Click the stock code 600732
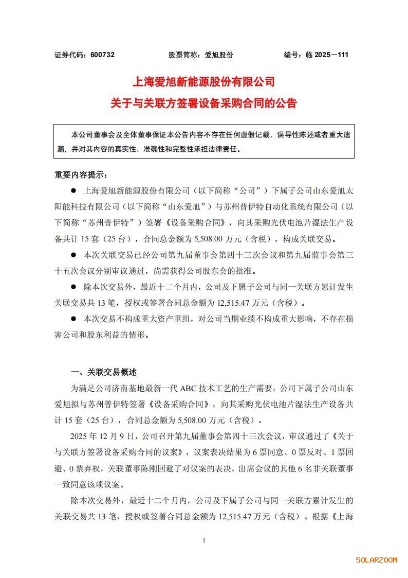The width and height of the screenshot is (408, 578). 102,55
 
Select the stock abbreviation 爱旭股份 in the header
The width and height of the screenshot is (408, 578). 219,55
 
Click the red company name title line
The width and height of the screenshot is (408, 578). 204,82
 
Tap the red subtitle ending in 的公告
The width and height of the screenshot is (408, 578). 204,103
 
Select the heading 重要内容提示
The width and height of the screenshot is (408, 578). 81,174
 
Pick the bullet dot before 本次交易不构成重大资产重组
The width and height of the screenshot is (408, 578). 73,319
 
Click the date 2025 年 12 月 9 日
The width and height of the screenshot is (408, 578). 102,436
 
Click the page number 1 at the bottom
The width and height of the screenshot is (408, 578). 204,540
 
